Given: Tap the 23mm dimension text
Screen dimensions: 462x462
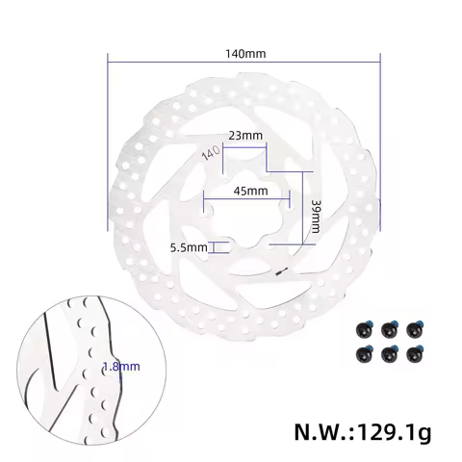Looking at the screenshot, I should pyautogui.click(x=245, y=136).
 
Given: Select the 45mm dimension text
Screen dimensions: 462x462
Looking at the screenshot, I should pyautogui.click(x=250, y=191).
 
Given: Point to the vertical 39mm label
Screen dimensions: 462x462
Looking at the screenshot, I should pyautogui.click(x=317, y=217).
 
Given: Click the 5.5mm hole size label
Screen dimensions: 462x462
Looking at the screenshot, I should pyautogui.click(x=188, y=247).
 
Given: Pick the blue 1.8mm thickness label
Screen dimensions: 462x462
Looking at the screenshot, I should pyautogui.click(x=121, y=366).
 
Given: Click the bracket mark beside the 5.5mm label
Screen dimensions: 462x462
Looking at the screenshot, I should pyautogui.click(x=216, y=247).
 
